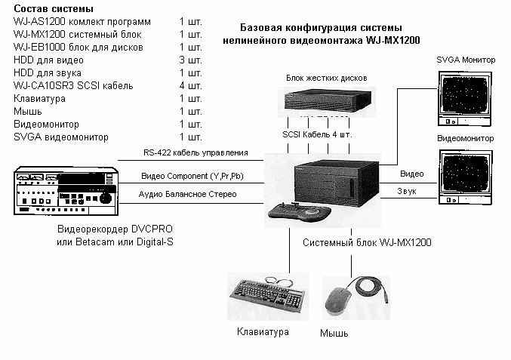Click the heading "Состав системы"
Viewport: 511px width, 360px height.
(x=54, y=8)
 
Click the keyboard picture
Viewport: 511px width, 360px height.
(x=267, y=294)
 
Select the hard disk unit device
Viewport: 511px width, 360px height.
(x=328, y=101)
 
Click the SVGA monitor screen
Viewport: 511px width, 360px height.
(x=464, y=95)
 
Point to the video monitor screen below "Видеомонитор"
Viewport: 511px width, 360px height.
(x=465, y=174)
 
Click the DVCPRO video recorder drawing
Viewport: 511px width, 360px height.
(x=66, y=191)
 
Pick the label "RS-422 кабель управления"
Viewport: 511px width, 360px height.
(x=195, y=152)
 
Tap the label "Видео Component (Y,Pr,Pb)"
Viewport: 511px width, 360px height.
(x=192, y=177)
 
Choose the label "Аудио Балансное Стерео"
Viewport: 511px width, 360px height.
(x=188, y=194)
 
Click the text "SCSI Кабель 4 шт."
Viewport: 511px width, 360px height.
(x=317, y=134)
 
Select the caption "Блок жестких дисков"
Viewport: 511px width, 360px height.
(x=327, y=78)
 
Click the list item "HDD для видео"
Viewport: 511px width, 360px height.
(x=48, y=60)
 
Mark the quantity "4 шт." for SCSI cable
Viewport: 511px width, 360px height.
(x=191, y=86)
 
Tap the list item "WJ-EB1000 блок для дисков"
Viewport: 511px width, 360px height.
(x=78, y=48)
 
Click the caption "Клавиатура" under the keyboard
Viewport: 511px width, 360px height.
(x=263, y=331)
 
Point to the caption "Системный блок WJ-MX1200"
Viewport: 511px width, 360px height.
(x=367, y=242)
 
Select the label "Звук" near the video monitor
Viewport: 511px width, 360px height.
(x=407, y=191)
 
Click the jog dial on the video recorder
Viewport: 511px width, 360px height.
(x=105, y=197)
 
